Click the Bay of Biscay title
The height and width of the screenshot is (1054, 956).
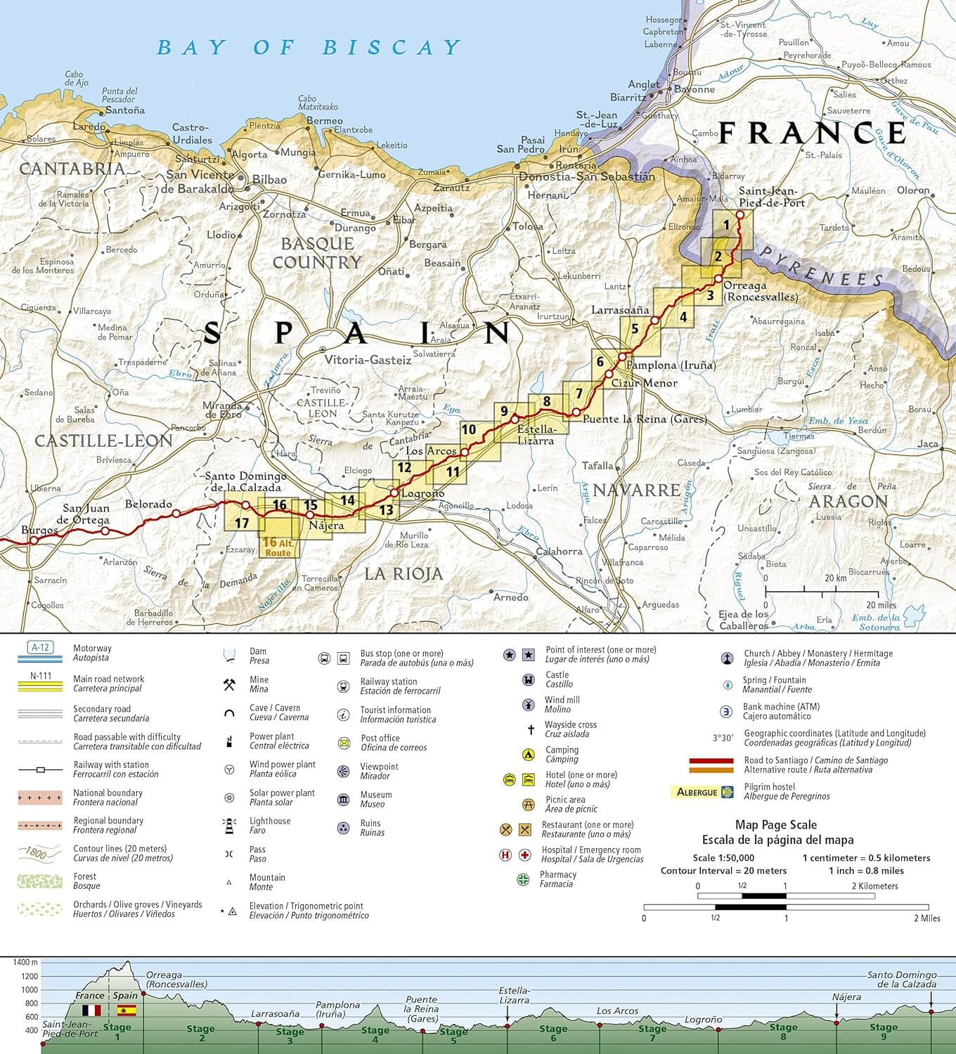tap(309, 48)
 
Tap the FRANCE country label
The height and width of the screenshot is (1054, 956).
tap(812, 133)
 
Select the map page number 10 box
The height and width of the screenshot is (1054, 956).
tap(469, 429)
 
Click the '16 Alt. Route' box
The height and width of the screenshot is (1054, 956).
tap(278, 547)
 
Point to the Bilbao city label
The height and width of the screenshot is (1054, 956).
tap(269, 180)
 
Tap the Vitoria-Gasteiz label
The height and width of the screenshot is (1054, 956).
tap(368, 360)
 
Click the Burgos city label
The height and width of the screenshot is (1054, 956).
tap(39, 530)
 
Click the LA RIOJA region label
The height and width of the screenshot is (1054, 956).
tap(403, 574)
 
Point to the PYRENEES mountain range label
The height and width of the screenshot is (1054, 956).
tap(822, 267)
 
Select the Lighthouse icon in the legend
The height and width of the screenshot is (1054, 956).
tap(229, 826)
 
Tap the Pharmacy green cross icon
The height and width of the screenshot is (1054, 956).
tap(523, 879)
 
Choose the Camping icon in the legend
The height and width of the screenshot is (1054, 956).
tap(528, 755)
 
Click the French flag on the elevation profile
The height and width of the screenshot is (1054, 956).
tap(91, 1010)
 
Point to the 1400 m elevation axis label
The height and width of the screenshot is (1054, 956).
tap(25, 962)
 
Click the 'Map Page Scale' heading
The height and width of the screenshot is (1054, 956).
tap(776, 825)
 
